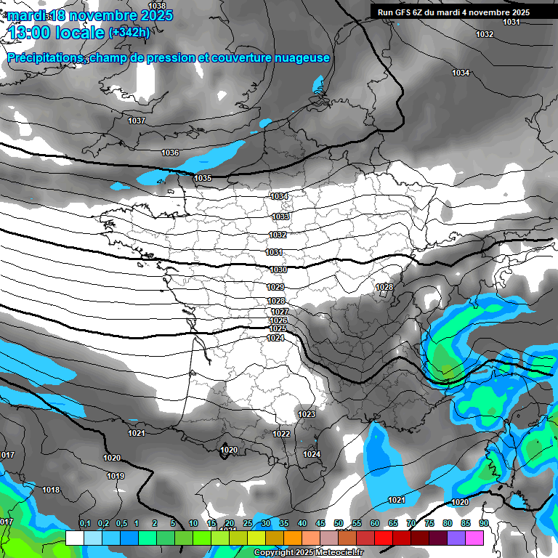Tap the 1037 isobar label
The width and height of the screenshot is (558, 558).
(x=137, y=121)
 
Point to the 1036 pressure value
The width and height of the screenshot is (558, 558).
(x=170, y=153)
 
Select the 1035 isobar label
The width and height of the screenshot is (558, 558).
(x=203, y=178)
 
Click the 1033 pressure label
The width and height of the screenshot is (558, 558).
(x=280, y=217)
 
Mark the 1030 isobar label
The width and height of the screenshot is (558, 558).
(x=278, y=270)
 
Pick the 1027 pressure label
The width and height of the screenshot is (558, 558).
(x=280, y=312)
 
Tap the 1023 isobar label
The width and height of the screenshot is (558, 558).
(x=307, y=414)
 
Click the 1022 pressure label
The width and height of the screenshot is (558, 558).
(x=281, y=434)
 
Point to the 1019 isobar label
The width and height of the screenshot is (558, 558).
(x=116, y=476)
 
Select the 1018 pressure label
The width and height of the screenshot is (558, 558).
(x=51, y=490)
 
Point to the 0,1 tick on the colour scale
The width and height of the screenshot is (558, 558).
(x=85, y=523)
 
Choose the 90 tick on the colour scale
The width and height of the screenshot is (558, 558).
(x=483, y=523)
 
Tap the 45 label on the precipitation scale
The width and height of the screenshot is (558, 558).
(x=320, y=523)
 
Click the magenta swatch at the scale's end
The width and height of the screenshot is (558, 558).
(x=474, y=538)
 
